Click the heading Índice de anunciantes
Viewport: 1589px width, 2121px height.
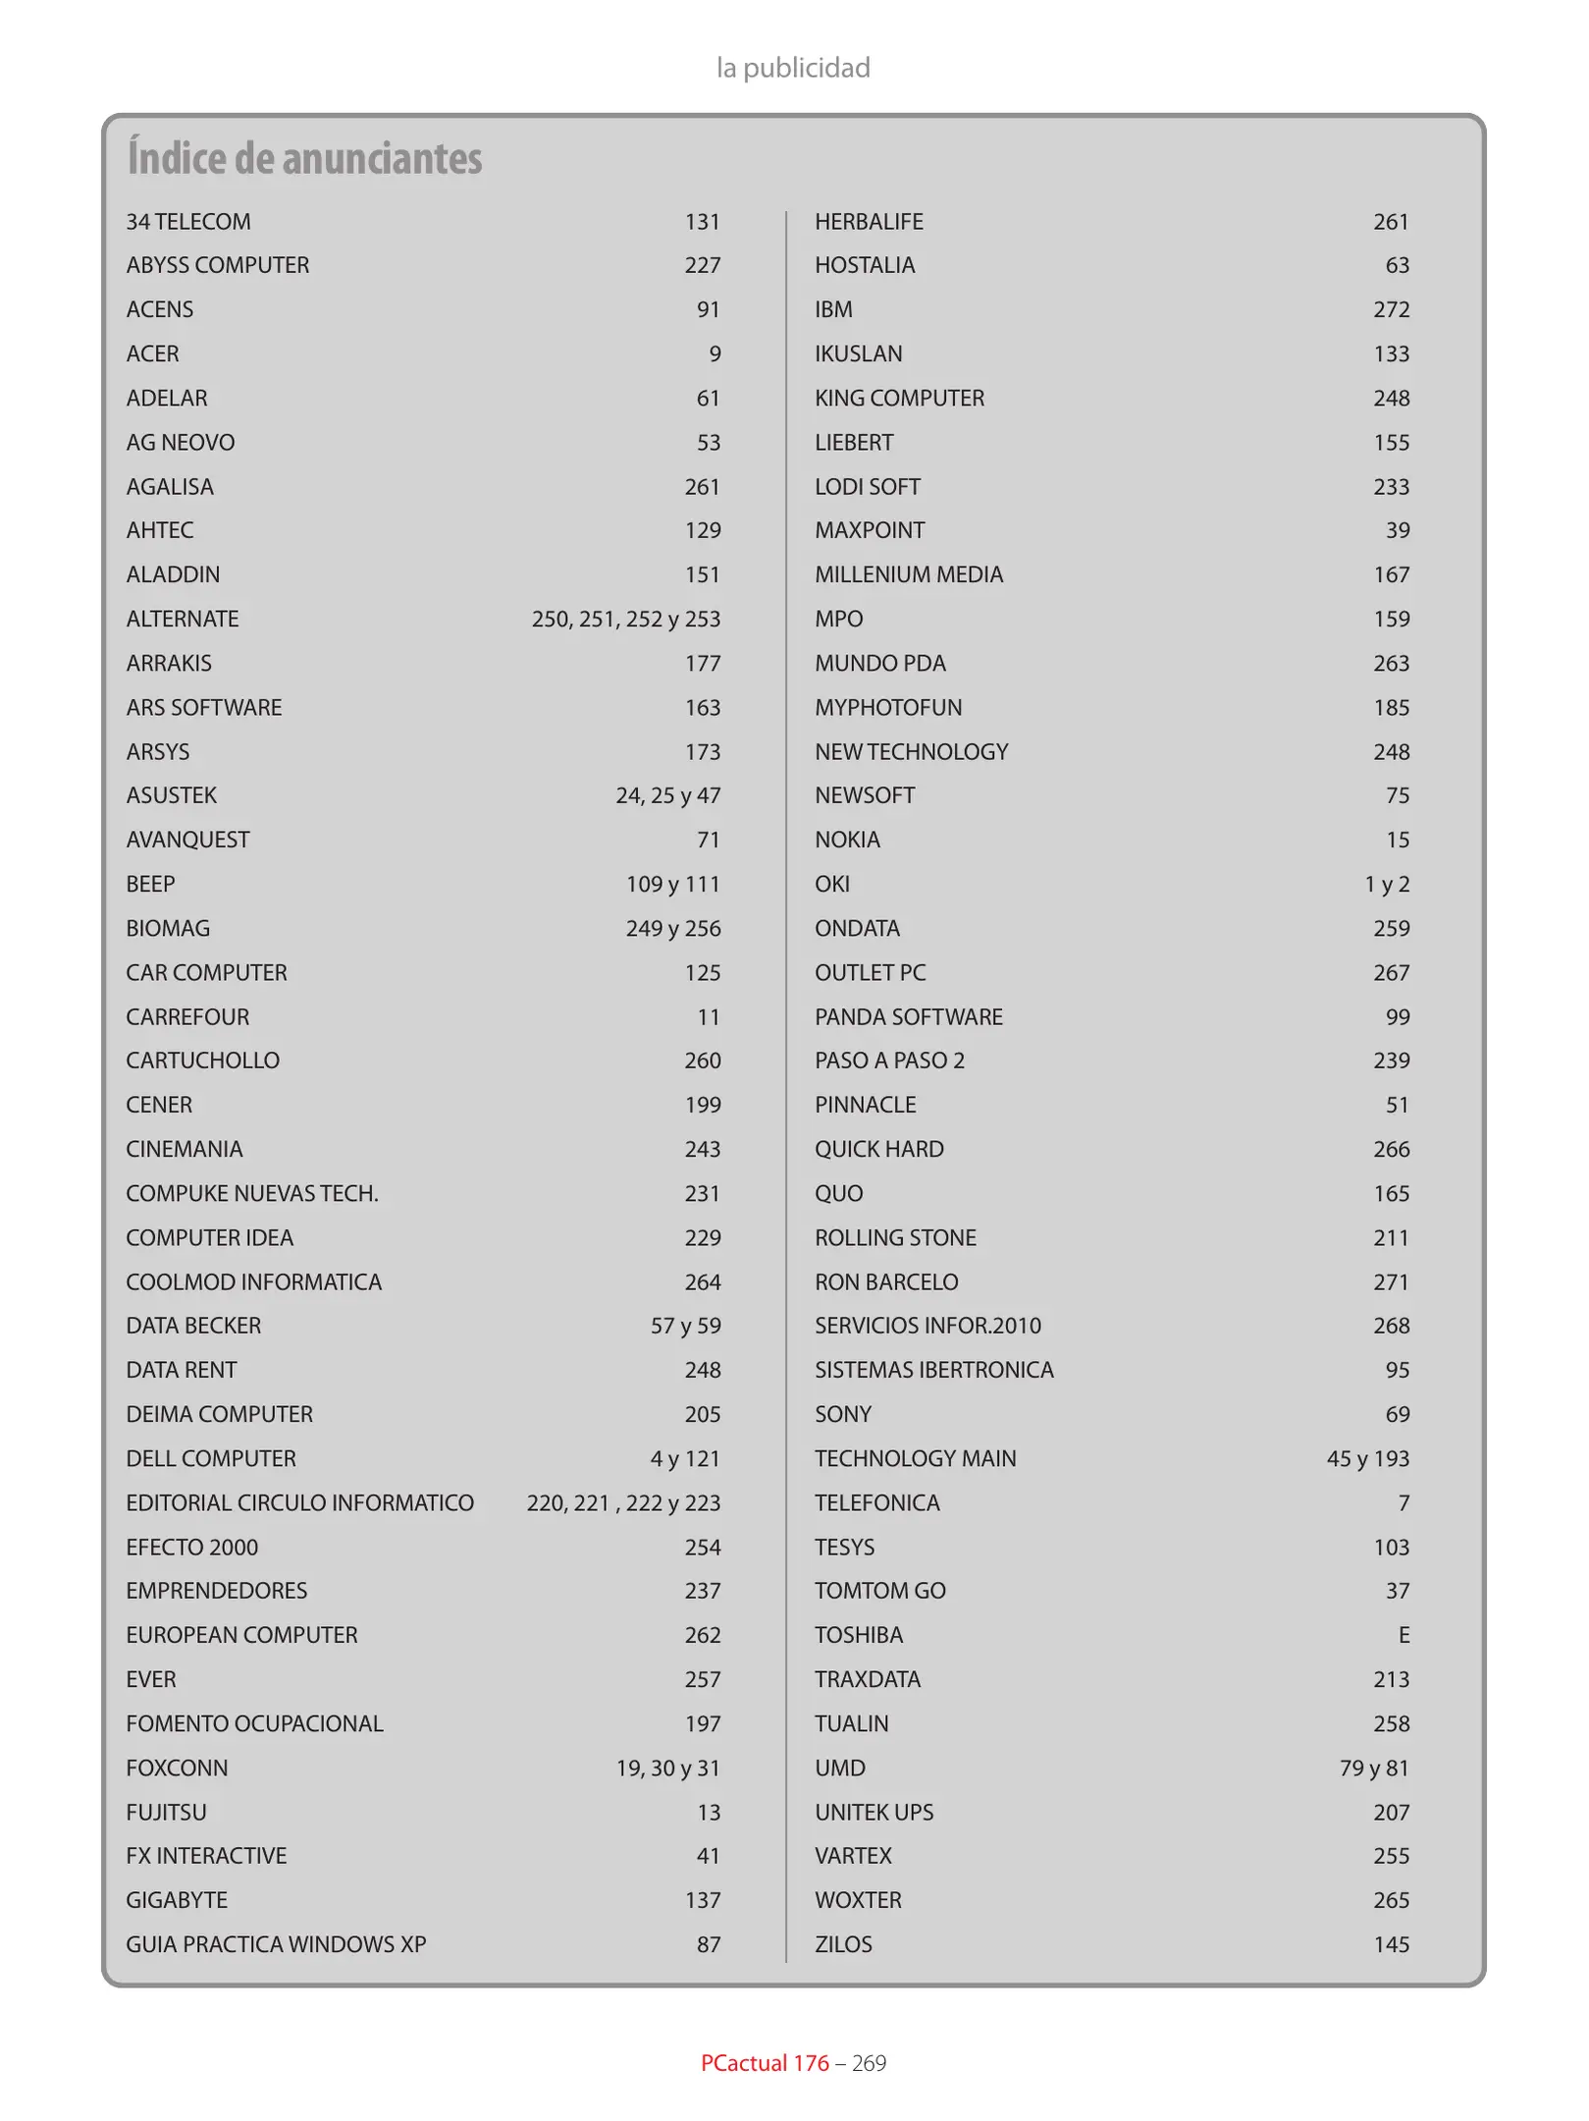click(304, 158)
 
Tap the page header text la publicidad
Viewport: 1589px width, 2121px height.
click(793, 68)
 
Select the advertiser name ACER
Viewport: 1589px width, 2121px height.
click(153, 353)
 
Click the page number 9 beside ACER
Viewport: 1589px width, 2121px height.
click(715, 353)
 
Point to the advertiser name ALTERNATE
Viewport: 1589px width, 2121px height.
click(183, 619)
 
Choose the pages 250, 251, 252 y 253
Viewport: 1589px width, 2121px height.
click(626, 619)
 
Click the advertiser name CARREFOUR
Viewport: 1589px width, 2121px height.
click(187, 1016)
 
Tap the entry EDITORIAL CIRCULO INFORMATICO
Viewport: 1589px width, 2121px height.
click(299, 1502)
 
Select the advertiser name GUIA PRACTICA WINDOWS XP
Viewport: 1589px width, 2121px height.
click(276, 1943)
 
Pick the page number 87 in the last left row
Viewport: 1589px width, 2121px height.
click(709, 1944)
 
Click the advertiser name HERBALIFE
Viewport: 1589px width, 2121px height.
click(869, 222)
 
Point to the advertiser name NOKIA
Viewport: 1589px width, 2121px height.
click(847, 840)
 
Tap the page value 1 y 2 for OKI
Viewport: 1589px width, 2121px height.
click(1387, 884)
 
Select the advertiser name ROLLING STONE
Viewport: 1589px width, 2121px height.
click(895, 1237)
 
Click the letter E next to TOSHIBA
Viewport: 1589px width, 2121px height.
click(1404, 1635)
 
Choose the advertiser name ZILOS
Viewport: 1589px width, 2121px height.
click(843, 1944)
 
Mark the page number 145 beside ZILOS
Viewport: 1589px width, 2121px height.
click(1391, 1944)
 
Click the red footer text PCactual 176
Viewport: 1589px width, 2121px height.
click(765, 2063)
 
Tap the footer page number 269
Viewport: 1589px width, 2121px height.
click(869, 2063)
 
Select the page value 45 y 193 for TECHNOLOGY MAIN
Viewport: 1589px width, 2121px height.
click(1367, 1458)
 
